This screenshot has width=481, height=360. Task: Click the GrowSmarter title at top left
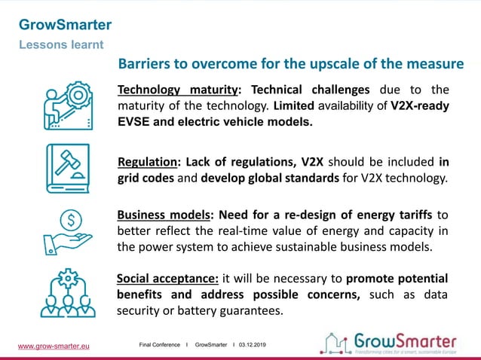[65, 25]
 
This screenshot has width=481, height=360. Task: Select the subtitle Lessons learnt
[61, 44]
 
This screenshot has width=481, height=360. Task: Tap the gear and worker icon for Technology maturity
[68, 105]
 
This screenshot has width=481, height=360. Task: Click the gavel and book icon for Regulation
[68, 168]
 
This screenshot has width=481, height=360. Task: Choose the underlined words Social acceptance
[167, 278]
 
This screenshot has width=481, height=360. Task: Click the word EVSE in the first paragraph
[135, 122]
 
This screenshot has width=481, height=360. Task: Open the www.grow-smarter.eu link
[54, 346]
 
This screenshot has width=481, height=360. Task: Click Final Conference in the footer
[160, 345]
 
